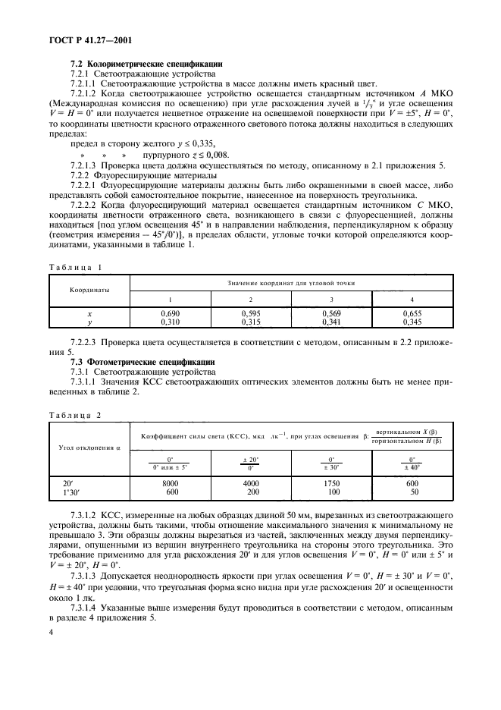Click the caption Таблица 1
click(x=74, y=268)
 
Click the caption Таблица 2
click(x=74, y=415)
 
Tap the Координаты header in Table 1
click(x=89, y=289)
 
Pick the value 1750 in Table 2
click(x=331, y=482)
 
